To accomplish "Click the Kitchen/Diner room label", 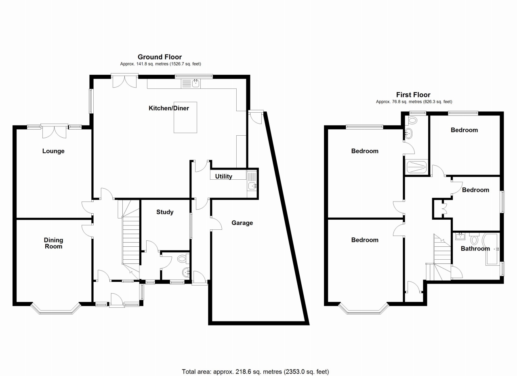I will [169, 108].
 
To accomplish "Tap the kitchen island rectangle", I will [185, 122].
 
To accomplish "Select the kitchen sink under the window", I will [195, 84].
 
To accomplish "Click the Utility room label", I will [223, 176].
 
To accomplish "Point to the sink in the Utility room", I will [252, 186].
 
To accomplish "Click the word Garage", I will [242, 223].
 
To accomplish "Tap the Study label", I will [165, 212].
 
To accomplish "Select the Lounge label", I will [53, 151].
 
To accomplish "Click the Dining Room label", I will [53, 243].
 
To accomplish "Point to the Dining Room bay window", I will [56, 310].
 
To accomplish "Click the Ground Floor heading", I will [160, 57].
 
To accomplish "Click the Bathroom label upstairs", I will [475, 249].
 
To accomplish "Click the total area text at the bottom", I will [256, 371].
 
